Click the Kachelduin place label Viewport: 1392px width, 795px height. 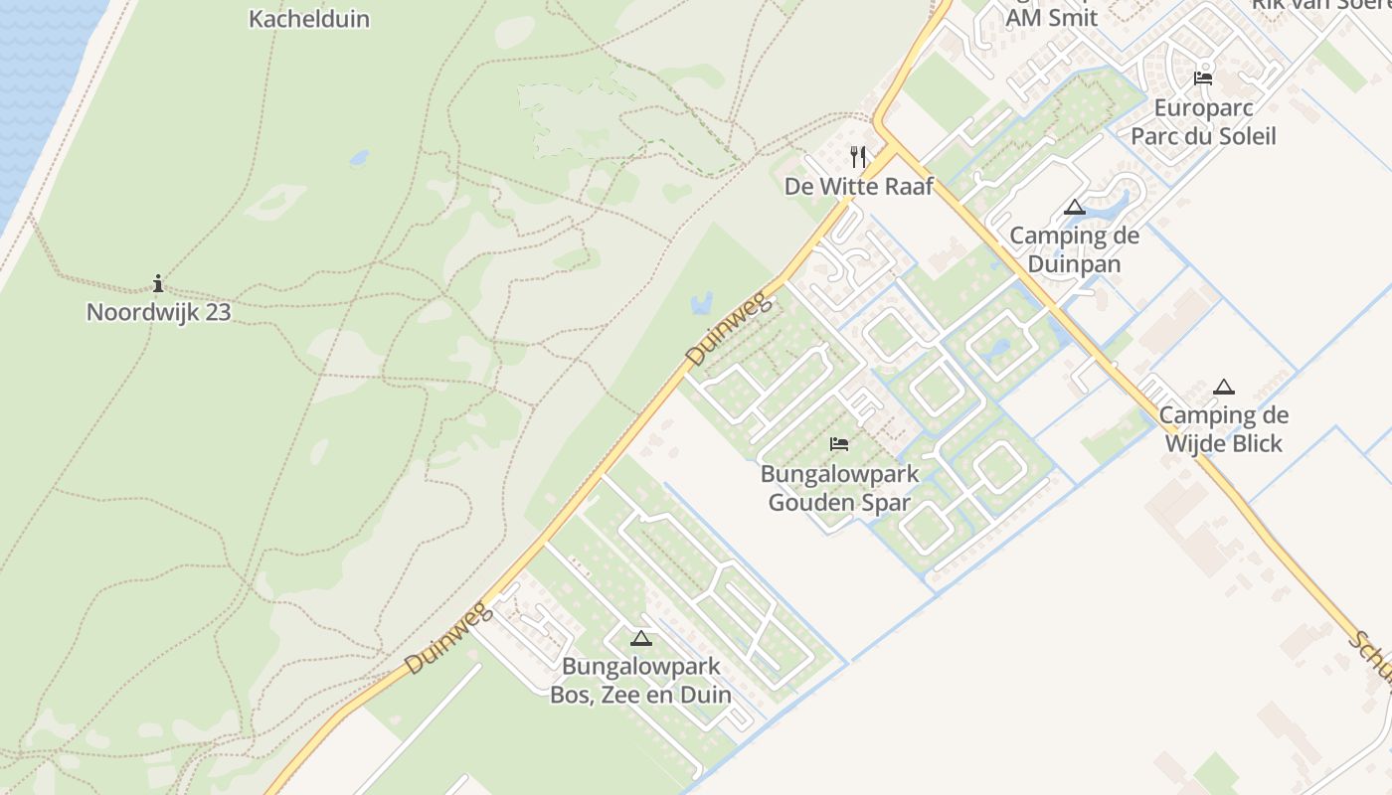[x=308, y=19]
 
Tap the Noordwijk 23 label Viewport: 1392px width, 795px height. [x=158, y=312]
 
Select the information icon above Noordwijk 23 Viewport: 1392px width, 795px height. [x=158, y=284]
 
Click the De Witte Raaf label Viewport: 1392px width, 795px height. [x=859, y=186]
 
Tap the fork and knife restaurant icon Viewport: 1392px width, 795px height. [x=859, y=156]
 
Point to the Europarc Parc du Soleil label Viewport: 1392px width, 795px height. [x=1203, y=121]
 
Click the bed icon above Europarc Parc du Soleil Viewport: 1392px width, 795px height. [x=1203, y=78]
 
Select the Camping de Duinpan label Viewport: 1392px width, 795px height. [x=1074, y=249]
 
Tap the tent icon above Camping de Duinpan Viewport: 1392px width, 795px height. [x=1074, y=207]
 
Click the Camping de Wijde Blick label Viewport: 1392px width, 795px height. [x=1224, y=428]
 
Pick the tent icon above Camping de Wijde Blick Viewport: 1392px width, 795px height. [x=1224, y=387]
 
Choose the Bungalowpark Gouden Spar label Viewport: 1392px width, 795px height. [x=839, y=488]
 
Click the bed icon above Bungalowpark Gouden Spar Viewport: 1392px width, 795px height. [x=839, y=444]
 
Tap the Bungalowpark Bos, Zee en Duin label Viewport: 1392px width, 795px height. [x=640, y=680]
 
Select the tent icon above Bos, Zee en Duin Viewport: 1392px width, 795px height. [x=640, y=638]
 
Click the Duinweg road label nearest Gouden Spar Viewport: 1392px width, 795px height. [x=729, y=327]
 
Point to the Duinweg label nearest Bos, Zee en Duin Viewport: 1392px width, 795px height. [x=448, y=638]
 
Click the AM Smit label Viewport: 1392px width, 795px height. [x=1051, y=17]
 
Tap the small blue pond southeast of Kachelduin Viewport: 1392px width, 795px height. [x=358, y=157]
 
